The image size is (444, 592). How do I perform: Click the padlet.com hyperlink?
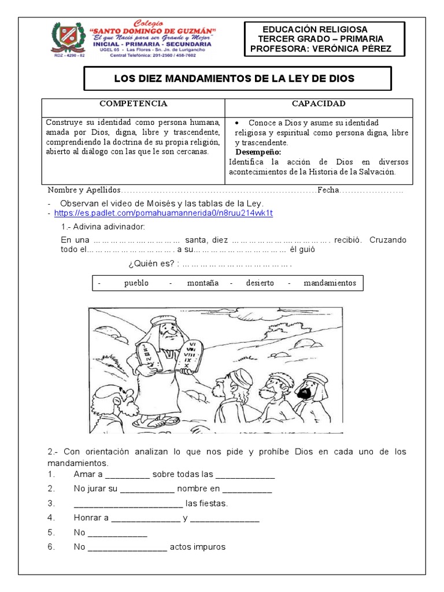(163, 213)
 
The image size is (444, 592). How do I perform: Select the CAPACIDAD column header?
(319, 103)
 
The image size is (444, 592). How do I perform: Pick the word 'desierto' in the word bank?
(260, 283)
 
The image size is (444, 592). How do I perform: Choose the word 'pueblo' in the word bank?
(136, 283)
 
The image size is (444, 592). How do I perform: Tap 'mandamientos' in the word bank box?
(330, 283)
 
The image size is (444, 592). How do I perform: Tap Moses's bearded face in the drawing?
(168, 332)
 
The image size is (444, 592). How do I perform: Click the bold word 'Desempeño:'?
(258, 151)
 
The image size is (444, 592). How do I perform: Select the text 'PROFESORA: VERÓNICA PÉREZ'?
(320, 49)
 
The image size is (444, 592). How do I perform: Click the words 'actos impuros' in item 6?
(197, 547)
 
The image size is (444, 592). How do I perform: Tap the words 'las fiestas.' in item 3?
(206, 503)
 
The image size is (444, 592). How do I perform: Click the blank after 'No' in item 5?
(117, 532)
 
